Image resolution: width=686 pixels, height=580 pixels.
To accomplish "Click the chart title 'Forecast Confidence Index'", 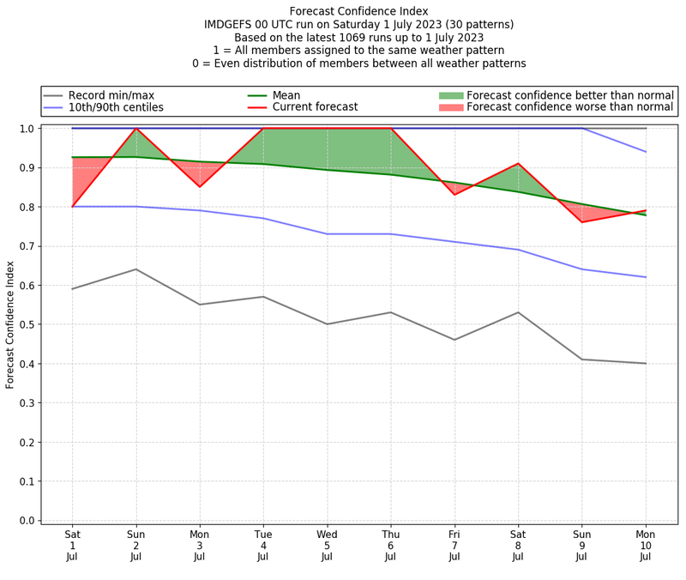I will (x=358, y=11).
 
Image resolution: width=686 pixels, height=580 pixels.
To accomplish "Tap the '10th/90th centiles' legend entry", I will (x=116, y=107).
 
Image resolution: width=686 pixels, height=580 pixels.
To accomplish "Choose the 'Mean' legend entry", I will (x=286, y=94).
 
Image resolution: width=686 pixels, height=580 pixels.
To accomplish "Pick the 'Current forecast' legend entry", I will (x=315, y=107).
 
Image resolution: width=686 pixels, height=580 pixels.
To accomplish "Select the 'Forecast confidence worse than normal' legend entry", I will (x=569, y=107).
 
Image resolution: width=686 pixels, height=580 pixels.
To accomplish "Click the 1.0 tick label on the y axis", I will (x=28, y=129).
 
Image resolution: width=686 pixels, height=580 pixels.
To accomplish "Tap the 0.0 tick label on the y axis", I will (x=28, y=521).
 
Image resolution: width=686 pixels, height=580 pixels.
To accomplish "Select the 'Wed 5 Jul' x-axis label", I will (x=327, y=545).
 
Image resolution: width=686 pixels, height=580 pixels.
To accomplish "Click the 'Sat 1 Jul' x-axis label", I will (x=72, y=545).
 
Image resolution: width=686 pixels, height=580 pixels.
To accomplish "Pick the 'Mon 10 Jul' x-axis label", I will (x=646, y=545).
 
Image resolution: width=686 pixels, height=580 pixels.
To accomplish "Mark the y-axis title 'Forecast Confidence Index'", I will (x=10, y=324).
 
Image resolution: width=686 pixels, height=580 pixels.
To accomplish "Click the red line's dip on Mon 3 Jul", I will (x=200, y=187).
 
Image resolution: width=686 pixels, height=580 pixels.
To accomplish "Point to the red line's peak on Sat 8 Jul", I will (x=518, y=163).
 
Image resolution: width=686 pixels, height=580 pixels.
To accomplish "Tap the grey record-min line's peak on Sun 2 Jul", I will (x=135, y=269).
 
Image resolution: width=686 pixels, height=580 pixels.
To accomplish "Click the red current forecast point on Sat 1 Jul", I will (x=72, y=207).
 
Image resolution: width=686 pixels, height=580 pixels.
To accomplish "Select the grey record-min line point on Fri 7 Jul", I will (x=454, y=340).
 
